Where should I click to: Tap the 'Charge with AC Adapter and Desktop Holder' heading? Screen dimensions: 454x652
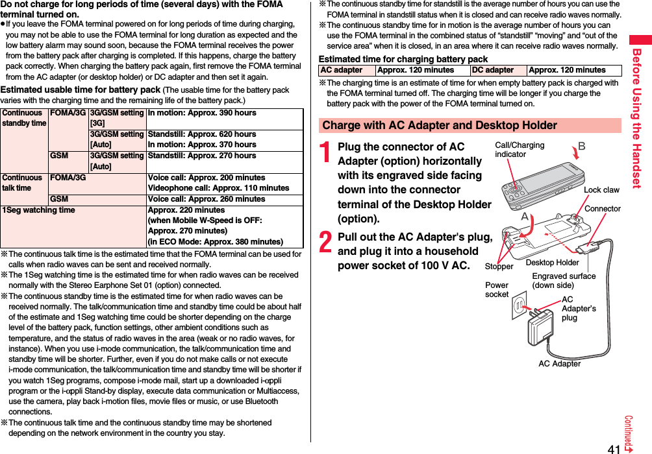pyautogui.click(x=440, y=125)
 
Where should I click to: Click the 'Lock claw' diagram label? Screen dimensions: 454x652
pyautogui.click(x=601, y=190)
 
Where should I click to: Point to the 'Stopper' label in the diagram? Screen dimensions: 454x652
pyautogui.click(x=499, y=267)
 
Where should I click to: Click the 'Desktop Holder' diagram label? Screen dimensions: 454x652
pyautogui.click(x=552, y=263)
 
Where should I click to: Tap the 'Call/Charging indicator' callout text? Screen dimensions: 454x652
pyautogui.click(x=520, y=150)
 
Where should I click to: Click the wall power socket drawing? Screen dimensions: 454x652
pyautogui.click(x=518, y=304)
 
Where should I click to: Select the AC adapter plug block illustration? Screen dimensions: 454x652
pyautogui.click(x=541, y=324)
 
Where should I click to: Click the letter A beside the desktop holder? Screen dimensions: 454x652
pyautogui.click(x=525, y=217)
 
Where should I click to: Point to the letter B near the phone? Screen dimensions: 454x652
pyautogui.click(x=581, y=147)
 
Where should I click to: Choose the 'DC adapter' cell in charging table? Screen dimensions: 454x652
pyautogui.click(x=493, y=70)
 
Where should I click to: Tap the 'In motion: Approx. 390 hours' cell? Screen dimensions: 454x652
pyautogui.click(x=202, y=113)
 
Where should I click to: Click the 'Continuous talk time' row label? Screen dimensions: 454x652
pyautogui.click(x=21, y=182)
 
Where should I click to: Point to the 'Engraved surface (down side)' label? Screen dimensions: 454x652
pyautogui.click(x=564, y=281)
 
